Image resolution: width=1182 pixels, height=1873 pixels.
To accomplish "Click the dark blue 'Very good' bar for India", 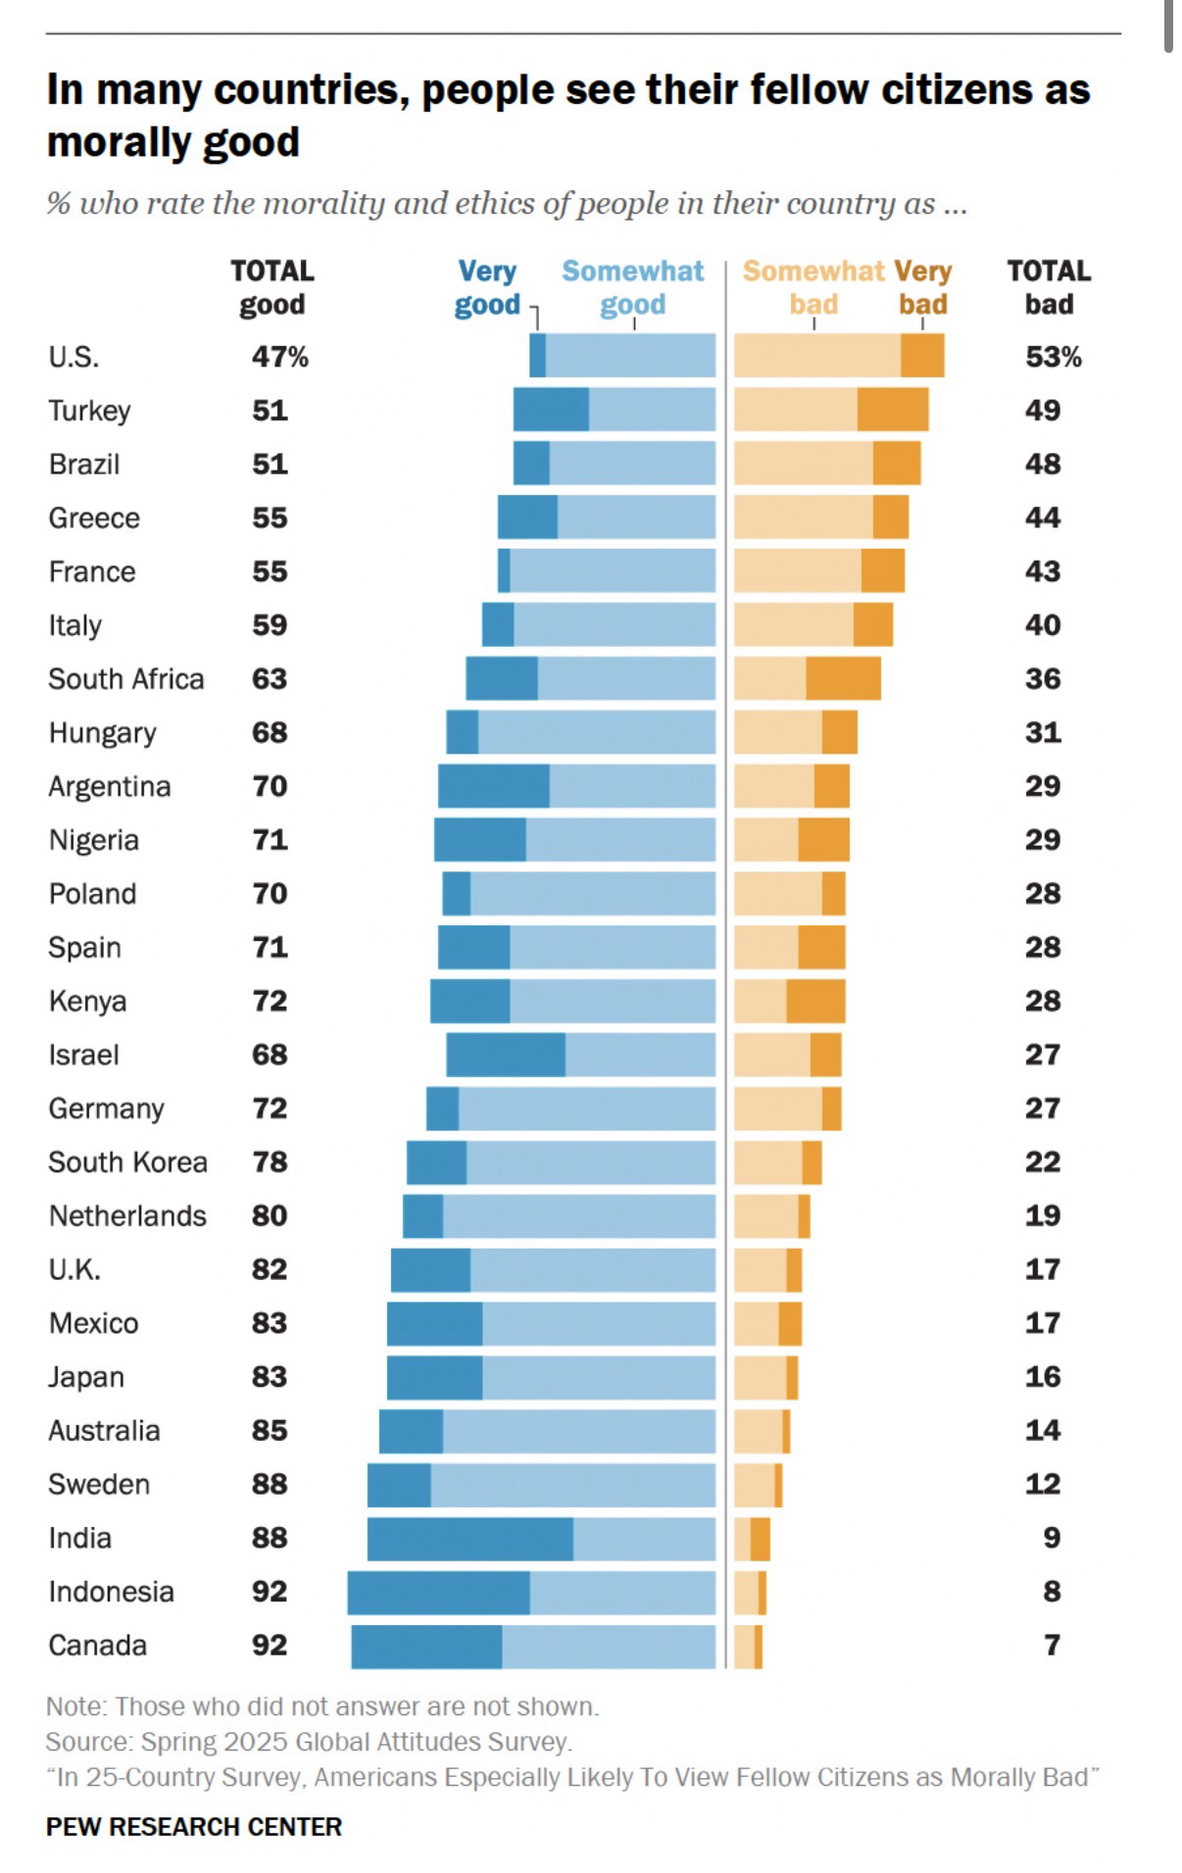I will pos(469,1539).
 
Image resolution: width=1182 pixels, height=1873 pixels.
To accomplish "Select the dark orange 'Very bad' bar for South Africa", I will pos(843,678).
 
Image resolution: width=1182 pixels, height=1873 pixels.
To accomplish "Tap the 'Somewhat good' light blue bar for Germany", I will pos(586,1109).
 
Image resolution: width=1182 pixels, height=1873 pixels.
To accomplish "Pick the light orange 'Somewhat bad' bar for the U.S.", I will pos(816,355).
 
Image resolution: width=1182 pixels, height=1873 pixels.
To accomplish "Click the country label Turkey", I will pos(89,410).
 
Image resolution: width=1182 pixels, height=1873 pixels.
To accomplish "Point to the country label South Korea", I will pos(127,1162).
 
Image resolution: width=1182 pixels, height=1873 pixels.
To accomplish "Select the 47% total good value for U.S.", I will pos(279,357).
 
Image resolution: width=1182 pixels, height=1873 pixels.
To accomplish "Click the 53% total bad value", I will pos(1053,357).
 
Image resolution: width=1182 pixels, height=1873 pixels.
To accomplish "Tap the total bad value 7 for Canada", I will pos(1052,1645).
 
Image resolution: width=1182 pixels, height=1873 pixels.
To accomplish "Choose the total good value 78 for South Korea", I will pos(270,1162).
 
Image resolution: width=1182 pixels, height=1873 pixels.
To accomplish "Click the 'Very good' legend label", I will pos(487,287).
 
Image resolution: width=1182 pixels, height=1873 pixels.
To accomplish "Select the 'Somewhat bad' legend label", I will pos(813,287).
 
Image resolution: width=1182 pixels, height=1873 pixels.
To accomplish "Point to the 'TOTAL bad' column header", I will pos(1049,287).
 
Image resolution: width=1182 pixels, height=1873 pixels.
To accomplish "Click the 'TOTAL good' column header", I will pos(271,287).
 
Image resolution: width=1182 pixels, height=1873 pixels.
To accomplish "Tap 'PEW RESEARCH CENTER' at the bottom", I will pos(194,1827).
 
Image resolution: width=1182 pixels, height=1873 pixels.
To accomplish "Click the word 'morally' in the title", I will pos(108,143).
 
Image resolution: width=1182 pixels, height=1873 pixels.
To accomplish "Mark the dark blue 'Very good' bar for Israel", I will pos(505,1055).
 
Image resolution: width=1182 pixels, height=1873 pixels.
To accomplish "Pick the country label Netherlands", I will pos(127,1216).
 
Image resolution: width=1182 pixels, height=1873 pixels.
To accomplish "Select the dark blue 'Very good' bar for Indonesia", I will pos(438,1593).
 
